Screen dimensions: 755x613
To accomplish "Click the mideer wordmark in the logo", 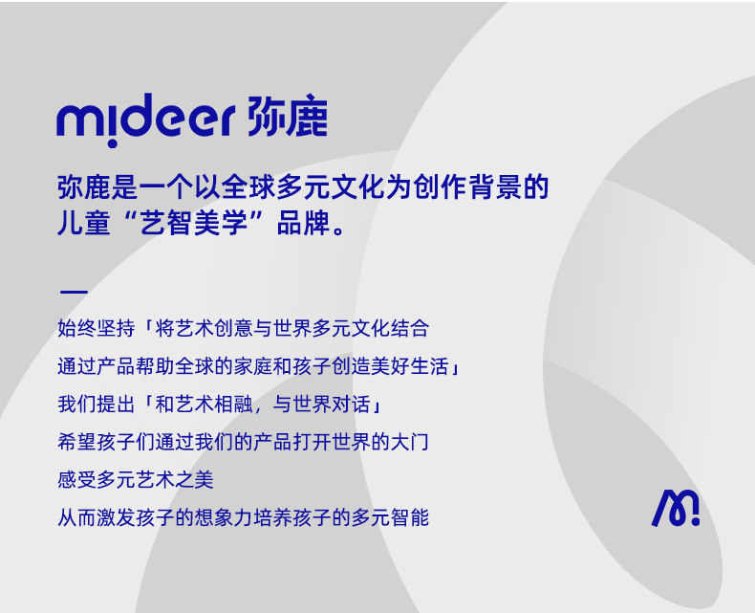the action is coord(146,119).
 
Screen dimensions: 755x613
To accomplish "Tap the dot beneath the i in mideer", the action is coord(112,143).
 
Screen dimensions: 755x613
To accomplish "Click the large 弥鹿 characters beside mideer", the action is coord(288,116).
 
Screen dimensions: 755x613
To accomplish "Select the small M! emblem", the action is coord(676,508).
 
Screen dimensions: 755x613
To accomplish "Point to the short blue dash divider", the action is coord(74,292).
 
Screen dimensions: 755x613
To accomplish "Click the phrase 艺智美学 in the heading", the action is coord(194,223).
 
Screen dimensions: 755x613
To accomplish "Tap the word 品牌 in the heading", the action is coord(303,223).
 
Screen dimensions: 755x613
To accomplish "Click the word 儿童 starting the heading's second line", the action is coord(84,223).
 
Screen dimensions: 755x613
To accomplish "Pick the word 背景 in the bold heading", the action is coord(495,187).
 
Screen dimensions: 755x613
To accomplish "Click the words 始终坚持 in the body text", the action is coord(97,328).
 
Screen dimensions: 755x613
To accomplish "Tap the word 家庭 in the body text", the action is coord(253,366).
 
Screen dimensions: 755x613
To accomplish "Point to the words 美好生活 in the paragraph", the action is coord(410,366).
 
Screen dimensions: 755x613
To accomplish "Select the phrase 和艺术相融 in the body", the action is coord(205,404).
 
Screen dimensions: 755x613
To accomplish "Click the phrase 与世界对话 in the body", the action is coord(322,404).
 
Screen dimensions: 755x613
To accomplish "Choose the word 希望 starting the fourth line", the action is coord(77,442).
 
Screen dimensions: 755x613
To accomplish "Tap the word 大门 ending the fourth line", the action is coord(410,442).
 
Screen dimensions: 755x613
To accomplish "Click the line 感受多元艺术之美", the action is coord(136,479).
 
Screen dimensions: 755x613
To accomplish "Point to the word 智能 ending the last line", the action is coord(410,517).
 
